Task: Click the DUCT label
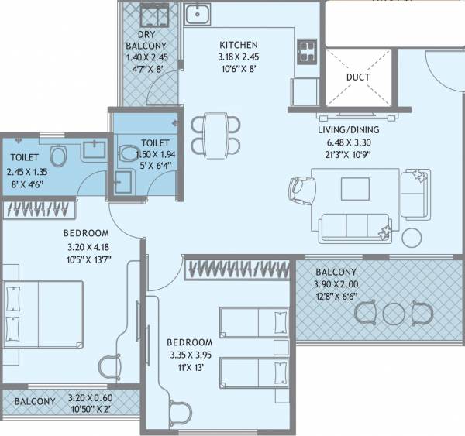pos(357,77)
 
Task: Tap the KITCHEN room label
pos(238,45)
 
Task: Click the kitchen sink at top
pos(198,13)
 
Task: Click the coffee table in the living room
pos(356,188)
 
